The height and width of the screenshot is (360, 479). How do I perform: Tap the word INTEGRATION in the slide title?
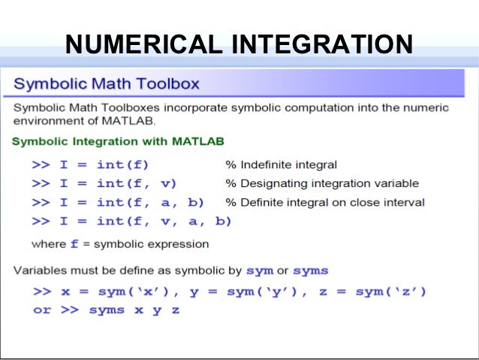coord(322,44)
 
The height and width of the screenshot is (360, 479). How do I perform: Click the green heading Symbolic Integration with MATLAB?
coord(118,141)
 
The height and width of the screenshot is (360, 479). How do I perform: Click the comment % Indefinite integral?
coord(281,164)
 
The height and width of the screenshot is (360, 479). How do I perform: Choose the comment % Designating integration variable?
coord(322,183)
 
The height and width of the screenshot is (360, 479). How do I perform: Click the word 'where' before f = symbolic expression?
coord(49,244)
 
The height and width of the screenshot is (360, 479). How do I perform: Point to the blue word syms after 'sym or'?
coord(310,271)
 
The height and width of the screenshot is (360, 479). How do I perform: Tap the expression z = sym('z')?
coord(372,292)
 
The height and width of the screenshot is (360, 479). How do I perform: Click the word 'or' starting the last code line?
coord(42,310)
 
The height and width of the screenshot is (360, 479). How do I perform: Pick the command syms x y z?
coord(134,310)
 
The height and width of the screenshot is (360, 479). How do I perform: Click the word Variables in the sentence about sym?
coord(38,271)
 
